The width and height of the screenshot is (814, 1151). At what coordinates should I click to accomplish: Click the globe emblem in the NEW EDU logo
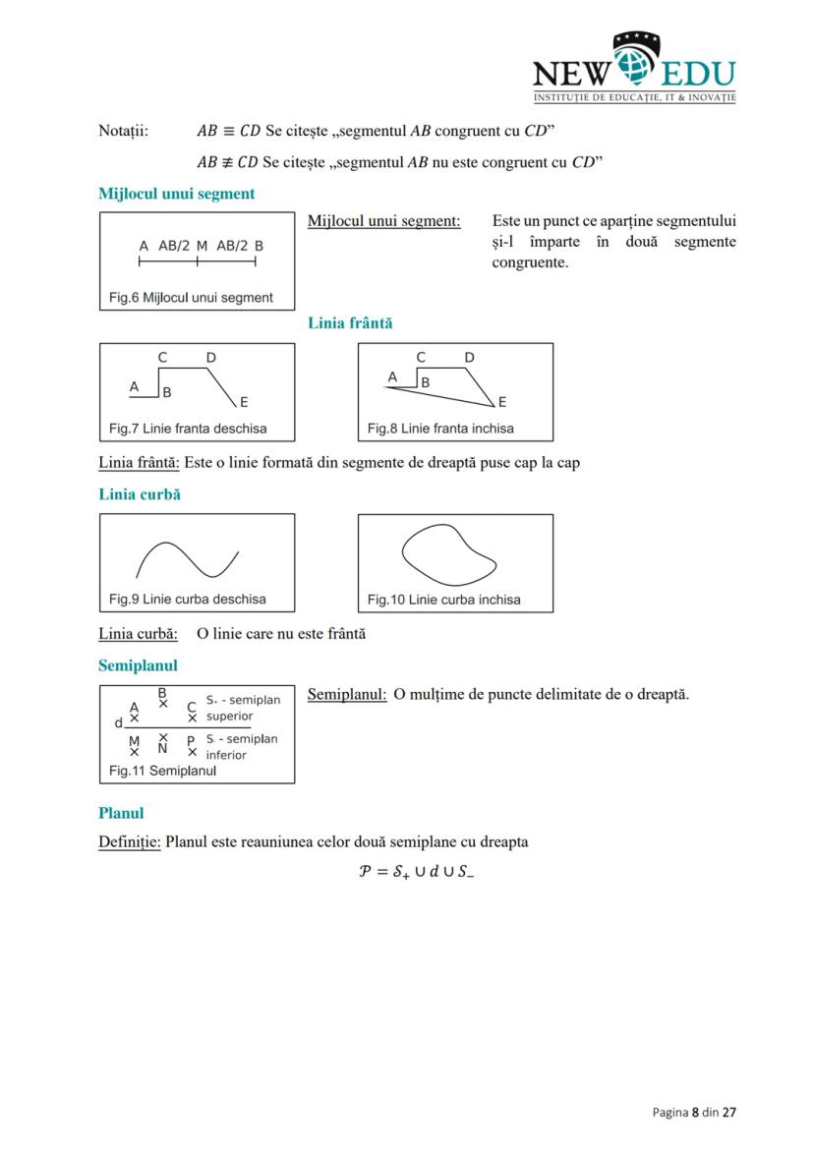click(636, 65)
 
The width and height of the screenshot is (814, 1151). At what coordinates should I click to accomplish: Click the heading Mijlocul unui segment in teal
click(176, 194)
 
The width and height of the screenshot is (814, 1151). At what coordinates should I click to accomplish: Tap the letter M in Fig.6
click(202, 246)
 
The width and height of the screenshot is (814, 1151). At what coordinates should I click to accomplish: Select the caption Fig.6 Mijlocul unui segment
click(191, 298)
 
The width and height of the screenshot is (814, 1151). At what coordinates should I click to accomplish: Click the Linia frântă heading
click(350, 322)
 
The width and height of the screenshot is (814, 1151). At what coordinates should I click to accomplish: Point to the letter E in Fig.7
click(244, 402)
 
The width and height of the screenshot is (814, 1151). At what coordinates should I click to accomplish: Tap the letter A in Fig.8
click(392, 376)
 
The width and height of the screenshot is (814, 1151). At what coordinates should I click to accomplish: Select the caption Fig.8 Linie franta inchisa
click(439, 429)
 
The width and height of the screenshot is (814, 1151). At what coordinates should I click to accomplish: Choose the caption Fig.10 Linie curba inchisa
click(443, 600)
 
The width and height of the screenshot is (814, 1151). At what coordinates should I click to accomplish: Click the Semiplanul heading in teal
click(138, 665)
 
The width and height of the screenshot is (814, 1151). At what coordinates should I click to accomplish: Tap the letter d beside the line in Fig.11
click(119, 723)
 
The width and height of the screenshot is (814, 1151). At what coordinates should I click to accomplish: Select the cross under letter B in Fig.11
click(163, 704)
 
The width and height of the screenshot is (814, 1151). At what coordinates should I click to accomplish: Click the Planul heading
click(121, 813)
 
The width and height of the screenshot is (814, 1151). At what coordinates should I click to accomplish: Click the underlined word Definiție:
click(130, 842)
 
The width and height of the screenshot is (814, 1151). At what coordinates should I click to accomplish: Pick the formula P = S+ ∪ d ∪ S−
click(416, 872)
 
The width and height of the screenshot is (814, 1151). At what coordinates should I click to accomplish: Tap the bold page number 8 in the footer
click(695, 1113)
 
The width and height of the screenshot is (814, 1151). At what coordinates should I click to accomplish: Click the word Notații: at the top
click(123, 131)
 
